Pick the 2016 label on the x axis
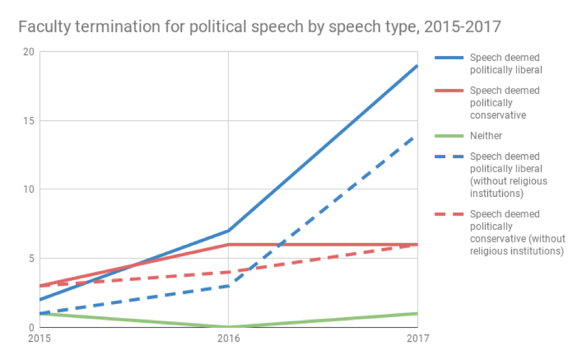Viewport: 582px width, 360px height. tap(229, 338)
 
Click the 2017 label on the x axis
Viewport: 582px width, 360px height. tap(417, 338)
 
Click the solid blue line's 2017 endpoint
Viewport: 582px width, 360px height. tap(417, 66)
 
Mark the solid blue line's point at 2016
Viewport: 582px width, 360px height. tap(229, 230)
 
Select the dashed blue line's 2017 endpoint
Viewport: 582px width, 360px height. tap(417, 135)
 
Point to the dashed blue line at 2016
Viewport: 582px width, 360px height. tap(229, 286)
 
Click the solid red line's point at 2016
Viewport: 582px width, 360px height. tap(229, 244)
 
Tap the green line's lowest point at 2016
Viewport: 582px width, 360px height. tap(229, 327)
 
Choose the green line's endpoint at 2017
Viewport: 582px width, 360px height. tap(417, 313)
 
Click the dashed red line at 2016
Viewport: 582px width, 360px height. tap(229, 272)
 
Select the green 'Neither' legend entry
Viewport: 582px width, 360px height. tap(486, 136)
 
